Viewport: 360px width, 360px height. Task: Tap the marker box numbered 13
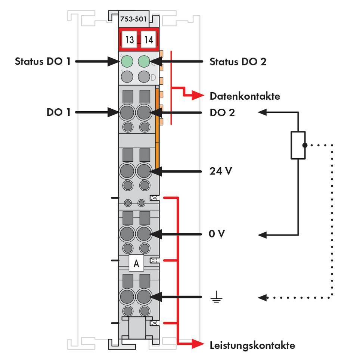(129, 40)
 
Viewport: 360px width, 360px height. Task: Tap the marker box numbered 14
(149, 40)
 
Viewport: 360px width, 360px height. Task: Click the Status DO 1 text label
(43, 61)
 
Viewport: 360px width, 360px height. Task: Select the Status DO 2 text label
(238, 61)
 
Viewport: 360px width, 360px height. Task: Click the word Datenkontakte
(245, 96)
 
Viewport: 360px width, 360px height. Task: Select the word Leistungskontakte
(252, 345)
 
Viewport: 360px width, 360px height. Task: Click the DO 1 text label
(58, 112)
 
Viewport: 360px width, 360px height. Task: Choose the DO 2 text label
(222, 112)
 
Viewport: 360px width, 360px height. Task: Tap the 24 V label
(221, 171)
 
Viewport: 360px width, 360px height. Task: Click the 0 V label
(217, 235)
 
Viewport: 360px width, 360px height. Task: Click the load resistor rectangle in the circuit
(298, 145)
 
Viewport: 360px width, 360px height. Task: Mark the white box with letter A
(136, 263)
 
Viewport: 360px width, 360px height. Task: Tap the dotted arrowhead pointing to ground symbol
(263, 298)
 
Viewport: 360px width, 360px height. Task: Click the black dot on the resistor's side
(305, 145)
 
